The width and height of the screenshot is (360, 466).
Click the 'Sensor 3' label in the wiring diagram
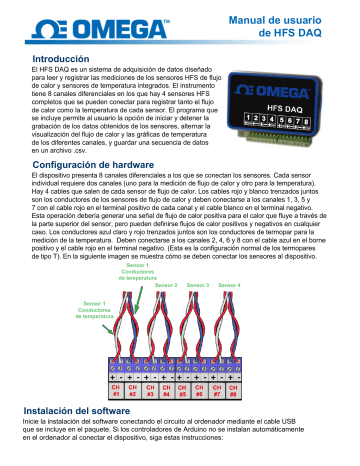[198, 285]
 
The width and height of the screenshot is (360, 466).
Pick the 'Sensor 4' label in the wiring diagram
[230, 285]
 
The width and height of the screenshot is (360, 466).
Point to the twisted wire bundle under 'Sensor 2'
[166, 330]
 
